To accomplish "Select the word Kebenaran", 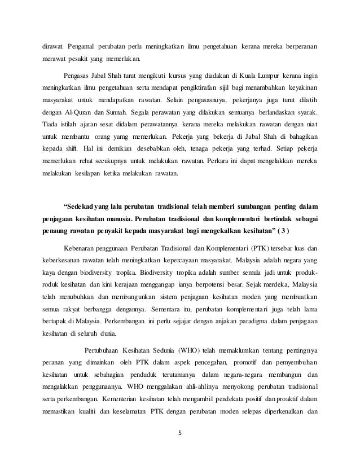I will [x=81, y=247].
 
